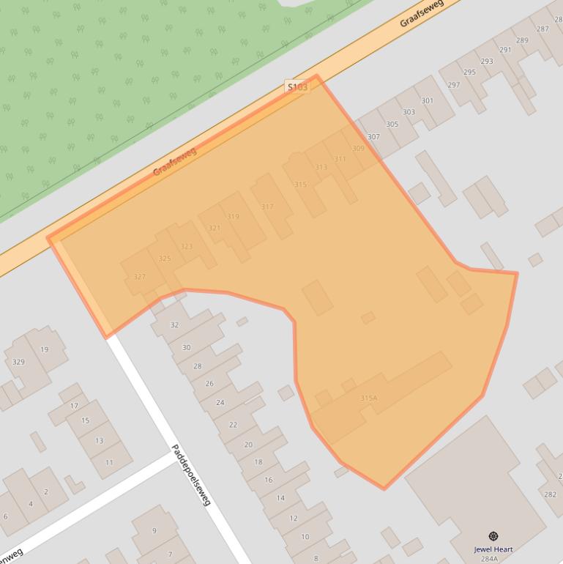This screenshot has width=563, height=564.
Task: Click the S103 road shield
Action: (297, 87)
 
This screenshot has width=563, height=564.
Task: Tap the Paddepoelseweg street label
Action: (191, 475)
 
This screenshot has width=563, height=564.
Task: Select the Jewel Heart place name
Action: (493, 549)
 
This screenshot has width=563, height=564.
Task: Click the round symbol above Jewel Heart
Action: (493, 537)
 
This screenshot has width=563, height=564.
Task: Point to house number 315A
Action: (368, 398)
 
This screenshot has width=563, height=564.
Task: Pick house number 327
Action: (140, 277)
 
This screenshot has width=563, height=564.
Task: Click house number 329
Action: (18, 362)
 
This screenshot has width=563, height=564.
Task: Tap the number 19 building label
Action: (44, 349)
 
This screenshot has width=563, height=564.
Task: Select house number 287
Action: (543, 29)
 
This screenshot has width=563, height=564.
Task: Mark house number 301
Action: (428, 101)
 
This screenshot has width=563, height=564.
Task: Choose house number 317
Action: (267, 207)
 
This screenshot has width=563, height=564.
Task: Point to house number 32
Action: (174, 324)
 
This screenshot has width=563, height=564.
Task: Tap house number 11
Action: (109, 462)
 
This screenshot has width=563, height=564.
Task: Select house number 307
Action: (373, 137)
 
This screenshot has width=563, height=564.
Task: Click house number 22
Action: (233, 425)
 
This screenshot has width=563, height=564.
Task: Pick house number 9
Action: (154, 531)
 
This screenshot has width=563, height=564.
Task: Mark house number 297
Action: (454, 85)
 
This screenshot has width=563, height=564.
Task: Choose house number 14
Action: (280, 498)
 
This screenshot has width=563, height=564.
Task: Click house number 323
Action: (187, 247)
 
